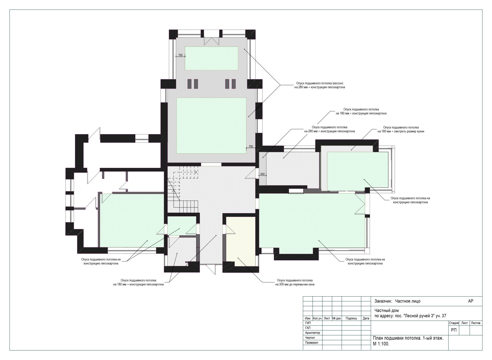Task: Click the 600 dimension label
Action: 263,174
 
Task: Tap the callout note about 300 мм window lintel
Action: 295,282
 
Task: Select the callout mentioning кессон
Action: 319,85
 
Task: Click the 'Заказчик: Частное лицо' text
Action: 398,301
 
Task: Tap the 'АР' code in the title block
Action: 471,301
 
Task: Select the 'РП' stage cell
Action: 454,330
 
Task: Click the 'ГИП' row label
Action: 308,323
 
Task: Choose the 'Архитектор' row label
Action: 312,333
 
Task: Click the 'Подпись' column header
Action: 351,318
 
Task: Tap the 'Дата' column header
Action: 366,318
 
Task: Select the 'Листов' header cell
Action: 476,323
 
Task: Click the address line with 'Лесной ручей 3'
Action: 410,316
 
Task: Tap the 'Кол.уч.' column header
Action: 317,318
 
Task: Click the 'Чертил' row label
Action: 310,338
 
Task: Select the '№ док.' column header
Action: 337,318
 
